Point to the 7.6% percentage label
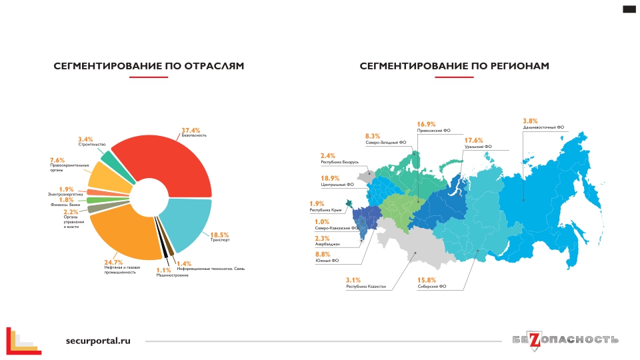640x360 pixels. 57,160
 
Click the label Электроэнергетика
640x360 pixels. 65,194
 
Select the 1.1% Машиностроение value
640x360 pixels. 163,270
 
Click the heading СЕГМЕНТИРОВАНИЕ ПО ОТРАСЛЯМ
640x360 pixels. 149,66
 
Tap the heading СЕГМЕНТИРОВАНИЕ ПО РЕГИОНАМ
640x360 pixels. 454,66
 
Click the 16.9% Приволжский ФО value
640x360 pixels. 426,124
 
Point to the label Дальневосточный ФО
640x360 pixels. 543,127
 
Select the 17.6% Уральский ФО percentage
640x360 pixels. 473,140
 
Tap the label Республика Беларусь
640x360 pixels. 340,162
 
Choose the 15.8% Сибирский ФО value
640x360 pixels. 427,279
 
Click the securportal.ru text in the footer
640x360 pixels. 98,340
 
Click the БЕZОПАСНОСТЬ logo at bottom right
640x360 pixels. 565,340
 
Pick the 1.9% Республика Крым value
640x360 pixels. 316,203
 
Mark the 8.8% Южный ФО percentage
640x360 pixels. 323,254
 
